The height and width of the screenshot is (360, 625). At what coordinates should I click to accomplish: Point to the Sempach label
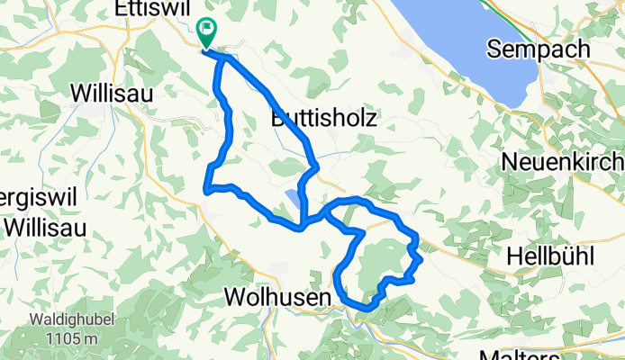[538, 49]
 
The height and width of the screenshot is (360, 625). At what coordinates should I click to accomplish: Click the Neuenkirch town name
[562, 163]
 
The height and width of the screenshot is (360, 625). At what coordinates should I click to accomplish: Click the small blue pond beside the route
[294, 198]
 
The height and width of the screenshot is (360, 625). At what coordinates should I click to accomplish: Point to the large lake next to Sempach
[477, 45]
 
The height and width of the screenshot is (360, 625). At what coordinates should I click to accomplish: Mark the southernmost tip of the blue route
[365, 309]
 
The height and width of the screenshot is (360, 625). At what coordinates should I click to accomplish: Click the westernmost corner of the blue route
[207, 189]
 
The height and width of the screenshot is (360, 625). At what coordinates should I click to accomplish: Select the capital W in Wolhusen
[233, 296]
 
